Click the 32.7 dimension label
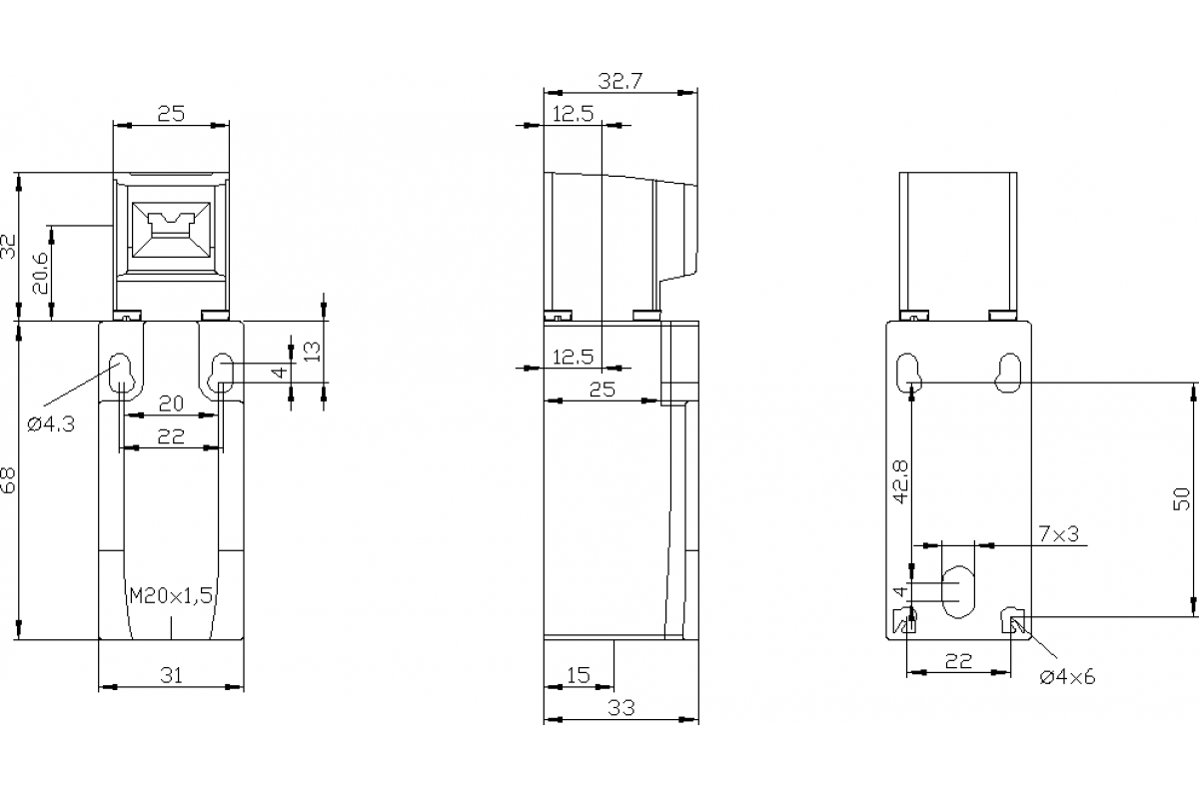[619, 81]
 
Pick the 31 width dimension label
[171, 675]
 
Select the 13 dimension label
[311, 350]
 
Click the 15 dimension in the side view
[579, 675]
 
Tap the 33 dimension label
[621, 707]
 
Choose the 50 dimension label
[1181, 498]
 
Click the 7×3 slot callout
[1058, 534]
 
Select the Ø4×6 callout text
[1066, 677]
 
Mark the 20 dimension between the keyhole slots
[171, 403]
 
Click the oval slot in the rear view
[959, 590]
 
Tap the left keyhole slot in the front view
[122, 372]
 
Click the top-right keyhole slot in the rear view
[1008, 371]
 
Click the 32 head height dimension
[9, 247]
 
